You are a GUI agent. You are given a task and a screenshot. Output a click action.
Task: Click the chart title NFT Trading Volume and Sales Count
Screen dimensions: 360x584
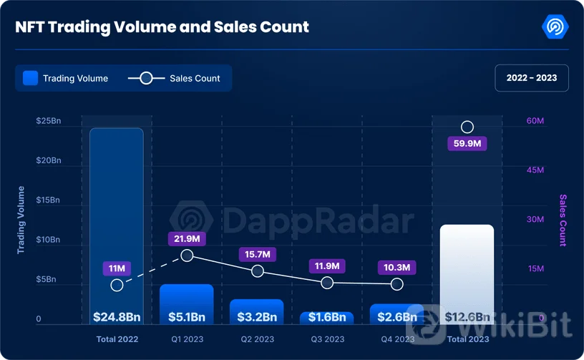pyautogui.click(x=162, y=27)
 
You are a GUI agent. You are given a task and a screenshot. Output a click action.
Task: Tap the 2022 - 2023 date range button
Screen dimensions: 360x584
pyautogui.click(x=531, y=78)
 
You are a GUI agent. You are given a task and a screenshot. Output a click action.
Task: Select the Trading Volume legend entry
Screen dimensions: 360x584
pyautogui.click(x=65, y=78)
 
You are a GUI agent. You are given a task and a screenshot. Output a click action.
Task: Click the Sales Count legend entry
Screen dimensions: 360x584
pyautogui.click(x=174, y=78)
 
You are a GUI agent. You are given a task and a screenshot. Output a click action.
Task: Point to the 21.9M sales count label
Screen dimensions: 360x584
pyautogui.click(x=187, y=238)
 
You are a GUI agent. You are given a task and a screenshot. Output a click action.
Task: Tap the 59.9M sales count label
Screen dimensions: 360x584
pyautogui.click(x=467, y=144)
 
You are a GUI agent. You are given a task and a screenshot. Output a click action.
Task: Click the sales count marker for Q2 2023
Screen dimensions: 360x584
pyautogui.click(x=258, y=271)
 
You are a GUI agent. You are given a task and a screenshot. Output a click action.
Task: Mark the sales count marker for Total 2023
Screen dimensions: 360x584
pyautogui.click(x=467, y=127)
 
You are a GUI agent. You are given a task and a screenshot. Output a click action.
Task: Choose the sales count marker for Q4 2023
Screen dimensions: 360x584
pyautogui.click(x=397, y=284)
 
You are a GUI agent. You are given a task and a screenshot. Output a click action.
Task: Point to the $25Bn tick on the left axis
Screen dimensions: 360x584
pyautogui.click(x=49, y=121)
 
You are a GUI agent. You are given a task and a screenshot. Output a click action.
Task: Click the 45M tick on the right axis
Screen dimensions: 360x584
pyautogui.click(x=535, y=170)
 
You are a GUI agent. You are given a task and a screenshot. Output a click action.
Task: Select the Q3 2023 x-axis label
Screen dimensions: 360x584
pyautogui.click(x=327, y=339)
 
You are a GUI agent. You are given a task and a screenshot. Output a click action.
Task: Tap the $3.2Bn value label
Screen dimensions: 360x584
pyautogui.click(x=257, y=316)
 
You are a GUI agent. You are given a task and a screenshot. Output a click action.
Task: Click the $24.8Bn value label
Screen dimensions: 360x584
pyautogui.click(x=117, y=316)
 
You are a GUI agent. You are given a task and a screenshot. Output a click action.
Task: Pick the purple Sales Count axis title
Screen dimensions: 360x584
pyautogui.click(x=563, y=220)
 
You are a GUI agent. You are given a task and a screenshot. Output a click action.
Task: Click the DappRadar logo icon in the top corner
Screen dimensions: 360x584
pyautogui.click(x=555, y=27)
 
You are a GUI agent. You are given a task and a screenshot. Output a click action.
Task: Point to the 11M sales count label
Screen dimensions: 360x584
pyautogui.click(x=117, y=268)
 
